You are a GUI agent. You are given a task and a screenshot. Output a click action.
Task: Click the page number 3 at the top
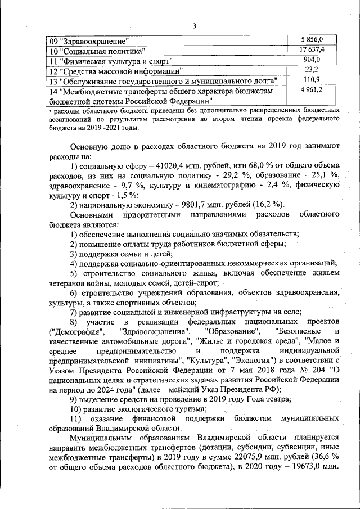click(x=193, y=25)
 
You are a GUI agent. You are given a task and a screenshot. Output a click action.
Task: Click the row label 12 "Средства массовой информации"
click(x=115, y=71)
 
